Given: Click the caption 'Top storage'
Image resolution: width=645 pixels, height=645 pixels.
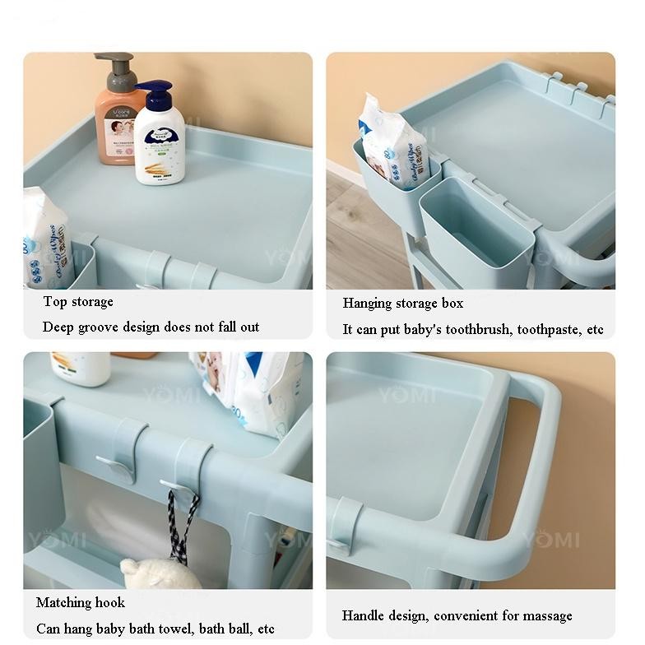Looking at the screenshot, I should pos(78,302).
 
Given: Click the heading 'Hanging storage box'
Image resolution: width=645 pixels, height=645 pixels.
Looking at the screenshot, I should pos(402,303).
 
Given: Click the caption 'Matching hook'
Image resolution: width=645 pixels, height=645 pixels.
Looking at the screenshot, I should pos(80,602).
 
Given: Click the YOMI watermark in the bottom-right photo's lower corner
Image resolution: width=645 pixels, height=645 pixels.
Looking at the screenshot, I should pos(551,540).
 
